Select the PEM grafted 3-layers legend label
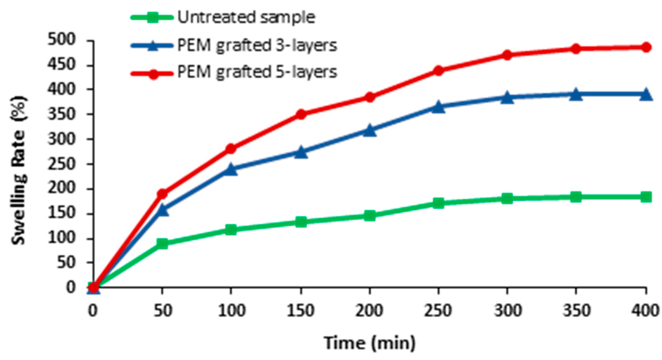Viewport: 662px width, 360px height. [257, 45]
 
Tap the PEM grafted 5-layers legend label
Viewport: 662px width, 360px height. [257, 72]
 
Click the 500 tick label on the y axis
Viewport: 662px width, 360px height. [61, 39]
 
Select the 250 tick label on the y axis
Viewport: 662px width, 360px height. [61, 164]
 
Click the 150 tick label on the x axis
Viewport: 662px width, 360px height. [301, 310]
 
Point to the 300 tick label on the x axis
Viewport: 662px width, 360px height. [508, 310]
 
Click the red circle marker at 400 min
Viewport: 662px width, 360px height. [646, 47]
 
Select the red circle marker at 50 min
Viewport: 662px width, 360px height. [162, 194]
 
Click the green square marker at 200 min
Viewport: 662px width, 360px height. [370, 215]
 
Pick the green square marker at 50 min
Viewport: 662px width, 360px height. [162, 243]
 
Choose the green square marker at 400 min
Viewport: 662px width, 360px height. [646, 197]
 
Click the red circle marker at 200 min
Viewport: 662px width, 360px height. [370, 97]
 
